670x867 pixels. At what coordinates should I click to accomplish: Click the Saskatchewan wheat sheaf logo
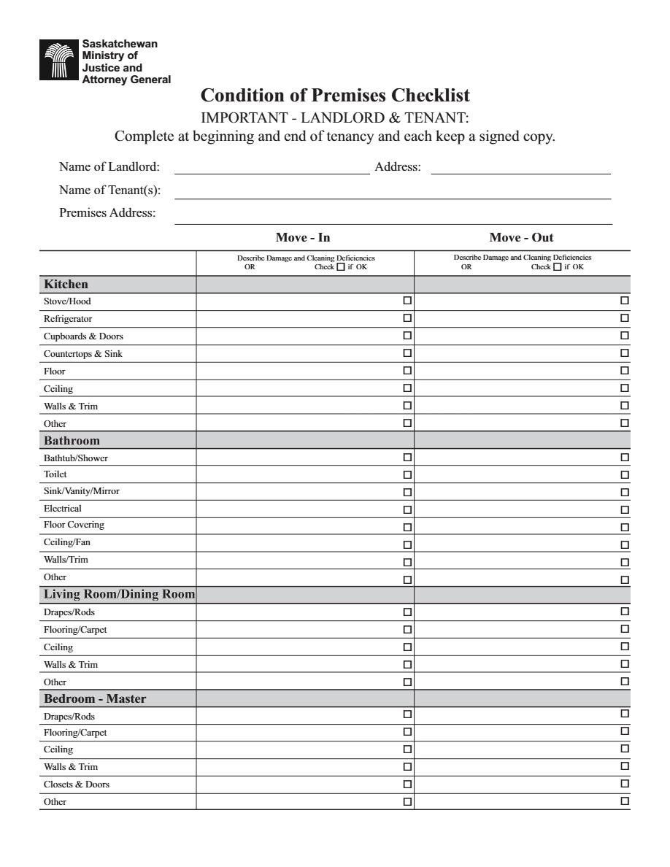click(x=60, y=61)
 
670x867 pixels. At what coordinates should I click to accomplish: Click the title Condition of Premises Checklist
click(x=335, y=96)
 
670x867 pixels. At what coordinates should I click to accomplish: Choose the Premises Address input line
click(x=393, y=218)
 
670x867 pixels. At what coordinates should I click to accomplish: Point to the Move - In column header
click(x=303, y=237)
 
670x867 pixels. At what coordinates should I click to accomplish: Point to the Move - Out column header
click(x=521, y=237)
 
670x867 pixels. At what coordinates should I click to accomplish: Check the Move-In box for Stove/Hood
click(x=407, y=301)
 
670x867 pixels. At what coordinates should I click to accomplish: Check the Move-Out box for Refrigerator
click(x=625, y=318)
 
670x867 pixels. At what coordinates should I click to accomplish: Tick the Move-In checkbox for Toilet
click(x=407, y=475)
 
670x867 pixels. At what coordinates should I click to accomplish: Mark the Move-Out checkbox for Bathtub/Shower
click(x=625, y=458)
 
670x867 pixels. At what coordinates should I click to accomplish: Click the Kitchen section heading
click(x=66, y=284)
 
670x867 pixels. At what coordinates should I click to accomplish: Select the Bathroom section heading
click(x=72, y=441)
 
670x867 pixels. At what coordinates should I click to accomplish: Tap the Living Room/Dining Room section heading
click(x=119, y=594)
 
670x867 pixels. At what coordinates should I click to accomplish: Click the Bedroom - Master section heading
click(x=95, y=698)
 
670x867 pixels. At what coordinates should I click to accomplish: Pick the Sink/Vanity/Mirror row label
click(x=81, y=491)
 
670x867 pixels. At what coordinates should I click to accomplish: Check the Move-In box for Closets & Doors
click(x=407, y=785)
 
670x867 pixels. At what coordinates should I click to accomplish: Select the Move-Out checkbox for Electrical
click(x=625, y=509)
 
